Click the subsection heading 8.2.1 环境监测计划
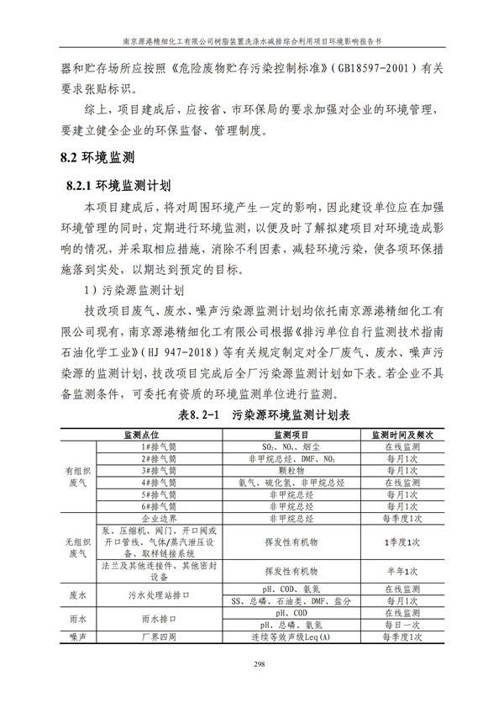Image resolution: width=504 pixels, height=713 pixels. tap(118, 184)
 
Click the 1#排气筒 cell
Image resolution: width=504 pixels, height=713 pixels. tap(158, 447)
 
